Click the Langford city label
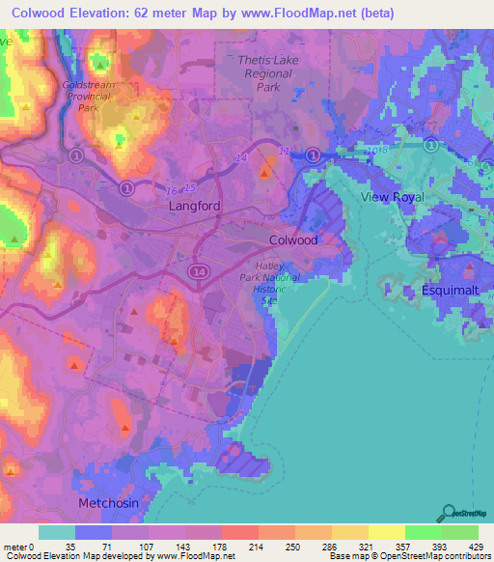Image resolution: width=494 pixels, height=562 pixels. [x=195, y=207]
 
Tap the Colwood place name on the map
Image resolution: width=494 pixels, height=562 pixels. [x=292, y=240]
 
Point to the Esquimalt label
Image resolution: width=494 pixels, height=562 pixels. [x=450, y=291]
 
